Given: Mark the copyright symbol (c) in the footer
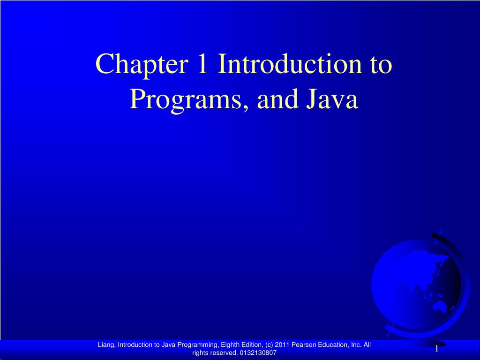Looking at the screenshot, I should [269, 345].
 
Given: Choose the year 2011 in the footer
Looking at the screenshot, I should [283, 345].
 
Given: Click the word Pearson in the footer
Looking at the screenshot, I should [303, 345].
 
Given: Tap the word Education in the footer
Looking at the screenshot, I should [333, 345].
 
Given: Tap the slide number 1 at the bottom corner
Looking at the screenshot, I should [436, 348].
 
